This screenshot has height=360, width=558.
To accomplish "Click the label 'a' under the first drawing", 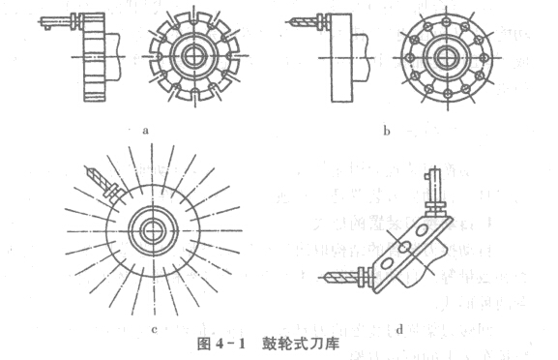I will coord(143,127).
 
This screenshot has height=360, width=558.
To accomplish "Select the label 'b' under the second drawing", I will coord(385,128).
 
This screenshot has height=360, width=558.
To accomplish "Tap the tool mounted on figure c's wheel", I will coord(100,179).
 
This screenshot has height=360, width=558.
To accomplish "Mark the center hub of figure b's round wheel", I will coord(448,54).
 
